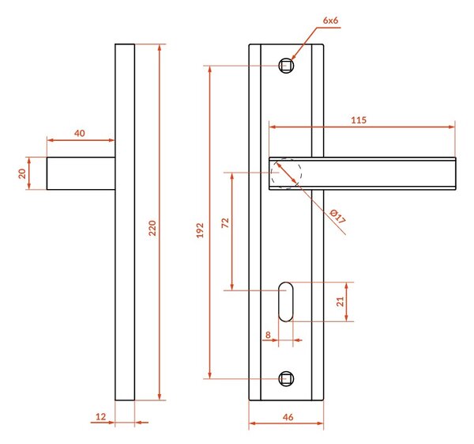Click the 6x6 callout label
(330, 21)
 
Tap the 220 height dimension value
(152, 228)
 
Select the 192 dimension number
(200, 230)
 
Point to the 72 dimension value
(225, 223)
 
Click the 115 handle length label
(359, 120)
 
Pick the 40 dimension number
(80, 133)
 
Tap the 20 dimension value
(22, 173)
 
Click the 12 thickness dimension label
(100, 416)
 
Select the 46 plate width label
(288, 417)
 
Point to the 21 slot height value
(340, 302)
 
